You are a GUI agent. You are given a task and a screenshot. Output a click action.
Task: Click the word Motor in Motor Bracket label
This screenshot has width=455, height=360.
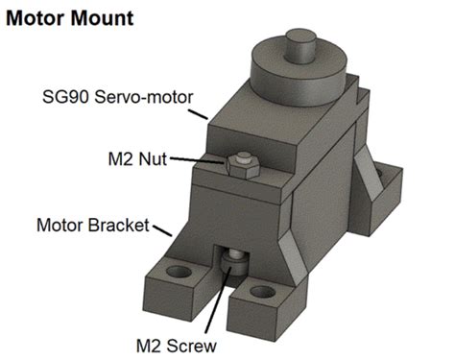[x=59, y=227]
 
